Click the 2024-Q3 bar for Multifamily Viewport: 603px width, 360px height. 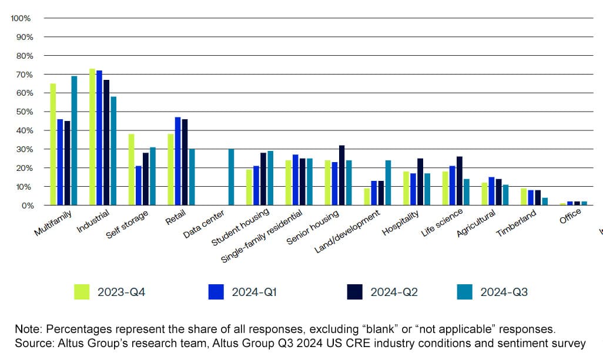pos(74,141)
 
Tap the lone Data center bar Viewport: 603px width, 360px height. pos(231,177)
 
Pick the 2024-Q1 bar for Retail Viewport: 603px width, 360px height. pos(178,161)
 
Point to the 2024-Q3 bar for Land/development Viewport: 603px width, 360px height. pos(388,183)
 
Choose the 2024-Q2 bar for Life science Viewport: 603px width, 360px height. pos(459,181)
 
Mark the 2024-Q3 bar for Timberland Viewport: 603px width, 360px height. pos(545,201)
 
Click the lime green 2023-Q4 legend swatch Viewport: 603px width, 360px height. pos(82,292)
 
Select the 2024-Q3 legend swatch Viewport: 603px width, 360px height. pos(464,292)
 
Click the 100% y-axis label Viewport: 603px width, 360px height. pos(20,18)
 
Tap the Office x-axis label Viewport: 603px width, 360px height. pos(569,216)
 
